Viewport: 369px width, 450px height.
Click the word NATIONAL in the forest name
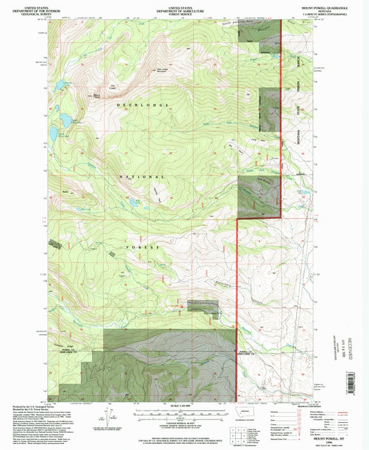click(x=141, y=177)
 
